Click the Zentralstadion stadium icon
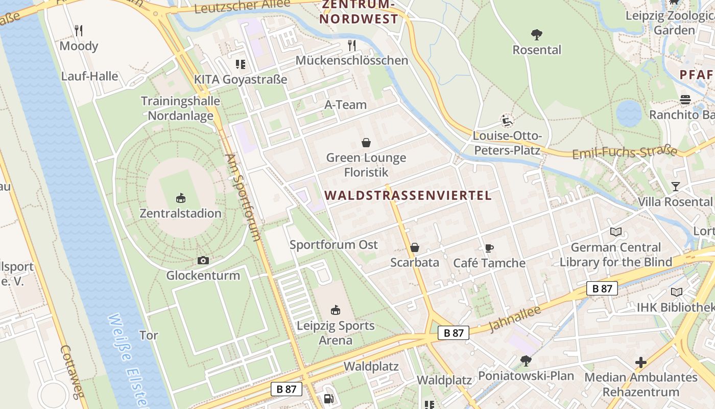180,198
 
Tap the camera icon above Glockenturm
203,261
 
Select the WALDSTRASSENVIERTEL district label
408,195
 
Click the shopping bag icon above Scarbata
415,248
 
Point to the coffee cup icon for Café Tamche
489,248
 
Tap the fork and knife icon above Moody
79,31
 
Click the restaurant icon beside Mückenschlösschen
351,46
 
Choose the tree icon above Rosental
536,35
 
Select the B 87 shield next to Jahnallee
454,333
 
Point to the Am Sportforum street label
244,197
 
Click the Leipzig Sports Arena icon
336,310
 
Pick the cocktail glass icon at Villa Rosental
676,187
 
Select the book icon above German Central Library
616,232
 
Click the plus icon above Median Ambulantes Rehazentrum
641,362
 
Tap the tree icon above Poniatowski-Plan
526,361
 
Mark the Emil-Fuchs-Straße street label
625,153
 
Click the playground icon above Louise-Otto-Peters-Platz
507,121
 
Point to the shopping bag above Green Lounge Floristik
366,142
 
